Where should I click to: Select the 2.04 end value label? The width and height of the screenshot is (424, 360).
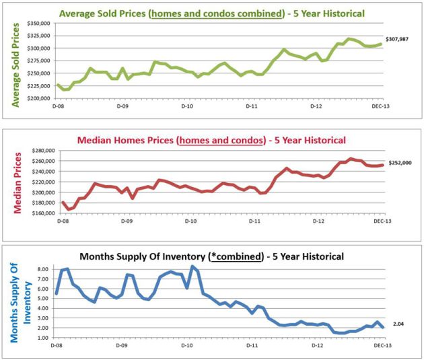[x=398, y=324]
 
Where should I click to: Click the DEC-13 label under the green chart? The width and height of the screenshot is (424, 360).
[x=378, y=106]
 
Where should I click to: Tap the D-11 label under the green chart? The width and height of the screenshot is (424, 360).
[x=250, y=106]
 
